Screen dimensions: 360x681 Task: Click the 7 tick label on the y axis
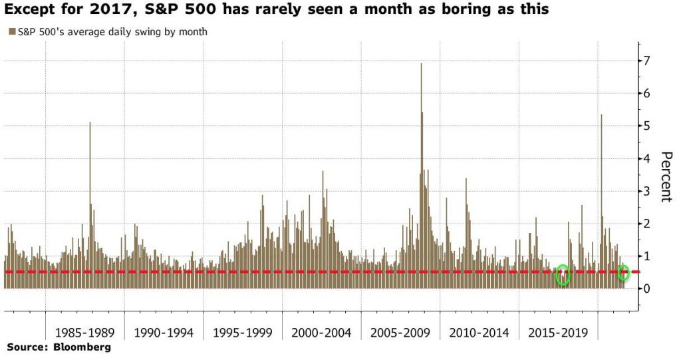click(x=646, y=61)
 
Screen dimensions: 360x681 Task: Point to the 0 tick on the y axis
click(x=646, y=289)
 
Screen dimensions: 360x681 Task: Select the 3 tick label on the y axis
click(x=646, y=192)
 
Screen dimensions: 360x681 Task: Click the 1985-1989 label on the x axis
click(x=84, y=332)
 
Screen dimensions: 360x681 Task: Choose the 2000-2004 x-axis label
click(x=321, y=332)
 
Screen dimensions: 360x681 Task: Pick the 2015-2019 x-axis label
click(x=557, y=332)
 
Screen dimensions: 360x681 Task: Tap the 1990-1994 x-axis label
click(x=163, y=332)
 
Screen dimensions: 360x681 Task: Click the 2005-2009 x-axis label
click(x=400, y=332)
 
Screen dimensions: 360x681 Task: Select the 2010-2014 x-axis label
click(x=478, y=332)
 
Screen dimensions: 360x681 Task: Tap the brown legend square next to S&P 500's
click(x=12, y=31)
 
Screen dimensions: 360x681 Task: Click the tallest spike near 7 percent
click(x=422, y=65)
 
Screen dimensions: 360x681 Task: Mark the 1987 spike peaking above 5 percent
click(x=90, y=124)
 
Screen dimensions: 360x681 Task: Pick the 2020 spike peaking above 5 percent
click(x=601, y=116)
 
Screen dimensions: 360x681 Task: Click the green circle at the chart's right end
click(x=624, y=273)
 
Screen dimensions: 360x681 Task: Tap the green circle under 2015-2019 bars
click(x=563, y=275)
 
